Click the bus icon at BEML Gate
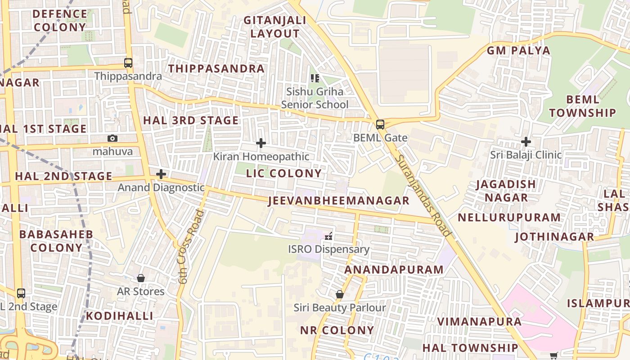[x=380, y=125]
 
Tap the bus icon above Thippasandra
[x=128, y=63]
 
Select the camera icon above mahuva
[x=112, y=139]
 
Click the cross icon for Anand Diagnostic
[x=161, y=174]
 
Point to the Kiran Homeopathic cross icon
[x=261, y=144]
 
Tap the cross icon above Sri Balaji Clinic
[x=526, y=142]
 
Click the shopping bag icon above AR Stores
[x=141, y=278]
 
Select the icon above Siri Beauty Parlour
[x=340, y=294]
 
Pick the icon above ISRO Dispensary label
[x=328, y=235]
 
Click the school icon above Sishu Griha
[x=315, y=78]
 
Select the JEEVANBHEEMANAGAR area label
[x=339, y=201]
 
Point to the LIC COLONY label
[x=284, y=173]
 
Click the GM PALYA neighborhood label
[x=518, y=50]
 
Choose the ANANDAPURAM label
[x=394, y=270]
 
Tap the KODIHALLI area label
[x=120, y=316]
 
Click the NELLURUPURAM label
[x=509, y=217]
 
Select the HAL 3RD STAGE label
[x=191, y=120]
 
